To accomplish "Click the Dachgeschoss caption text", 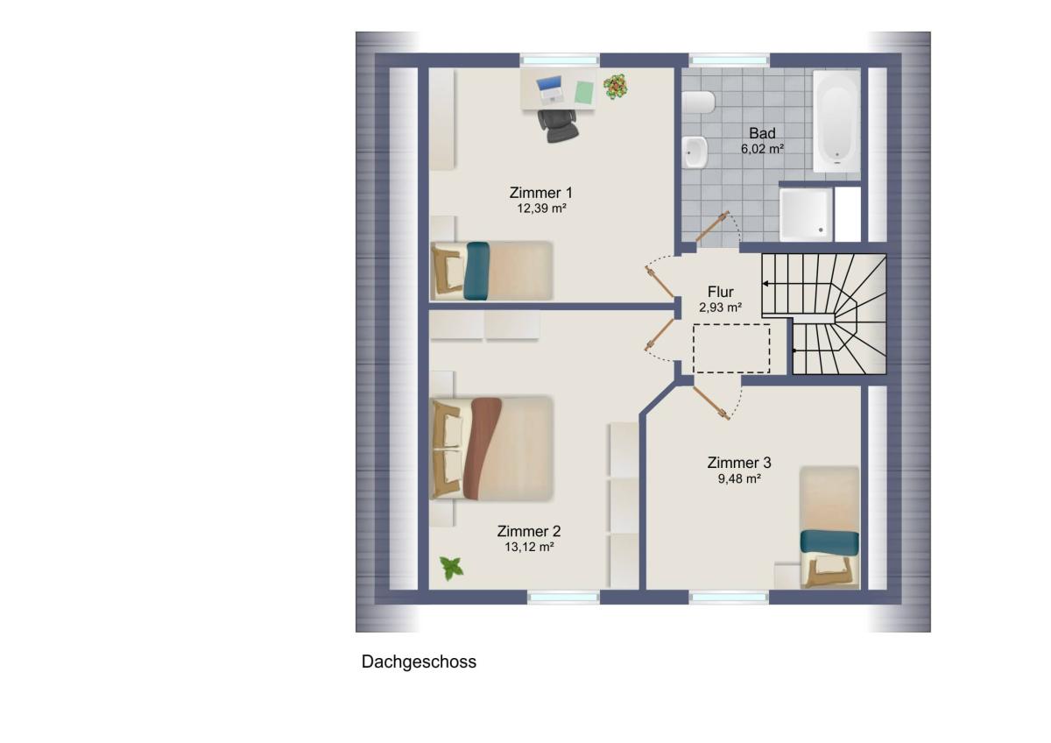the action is point(419,662).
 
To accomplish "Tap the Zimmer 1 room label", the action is point(541,193).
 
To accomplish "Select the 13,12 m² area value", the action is point(529,547).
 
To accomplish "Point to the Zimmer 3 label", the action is point(739,463).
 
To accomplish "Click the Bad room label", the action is point(762,133).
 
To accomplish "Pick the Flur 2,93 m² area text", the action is point(720,308).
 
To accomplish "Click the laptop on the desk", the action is point(550,89).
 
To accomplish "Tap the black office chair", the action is point(558,125).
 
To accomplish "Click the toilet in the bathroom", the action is point(698,103).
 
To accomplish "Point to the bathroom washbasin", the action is point(695,152).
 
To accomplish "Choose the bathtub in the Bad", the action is point(836,121).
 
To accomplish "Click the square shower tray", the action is point(806,215).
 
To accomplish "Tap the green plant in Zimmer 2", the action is point(451,569).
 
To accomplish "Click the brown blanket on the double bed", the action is point(482,449).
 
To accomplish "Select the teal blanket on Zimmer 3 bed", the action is point(829,542).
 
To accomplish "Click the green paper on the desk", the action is point(584,93).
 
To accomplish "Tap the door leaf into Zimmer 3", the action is point(711,403).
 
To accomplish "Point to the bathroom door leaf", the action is point(712,227).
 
